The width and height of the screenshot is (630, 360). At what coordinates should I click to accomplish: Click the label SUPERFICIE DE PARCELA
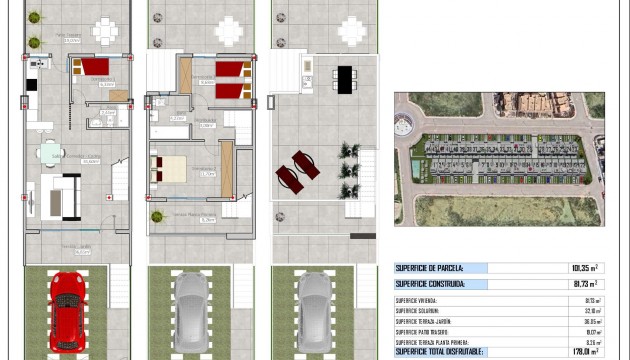click(428, 268)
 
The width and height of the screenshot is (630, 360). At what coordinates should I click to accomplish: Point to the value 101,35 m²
click(584, 268)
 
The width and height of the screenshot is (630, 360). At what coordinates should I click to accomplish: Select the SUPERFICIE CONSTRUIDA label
click(430, 284)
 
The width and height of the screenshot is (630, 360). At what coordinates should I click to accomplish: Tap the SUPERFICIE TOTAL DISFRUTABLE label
click(439, 351)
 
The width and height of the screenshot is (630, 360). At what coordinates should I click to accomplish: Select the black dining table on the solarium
click(345, 78)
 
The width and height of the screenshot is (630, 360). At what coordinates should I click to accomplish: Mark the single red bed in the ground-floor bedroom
click(95, 67)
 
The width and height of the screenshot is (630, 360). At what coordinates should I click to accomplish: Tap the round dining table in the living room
click(50, 153)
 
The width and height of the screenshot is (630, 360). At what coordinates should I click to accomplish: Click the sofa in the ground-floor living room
click(59, 196)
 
